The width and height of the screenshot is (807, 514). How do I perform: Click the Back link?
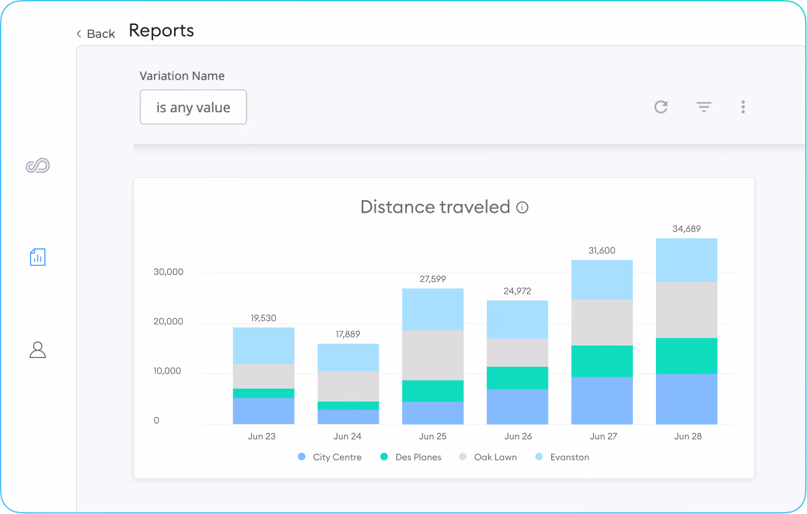pos(96,34)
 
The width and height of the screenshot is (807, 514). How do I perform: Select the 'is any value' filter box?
pos(193,107)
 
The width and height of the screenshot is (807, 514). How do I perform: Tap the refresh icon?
pos(661,107)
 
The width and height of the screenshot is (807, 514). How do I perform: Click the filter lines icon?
pos(703,107)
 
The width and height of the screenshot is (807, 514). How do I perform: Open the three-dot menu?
pos(743,107)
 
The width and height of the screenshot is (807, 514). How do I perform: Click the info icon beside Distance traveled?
pos(522,207)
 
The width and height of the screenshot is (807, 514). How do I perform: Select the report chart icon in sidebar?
pos(37,257)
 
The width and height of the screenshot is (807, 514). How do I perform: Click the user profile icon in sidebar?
pos(37,350)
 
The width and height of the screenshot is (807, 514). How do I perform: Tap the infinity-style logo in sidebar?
pos(37,165)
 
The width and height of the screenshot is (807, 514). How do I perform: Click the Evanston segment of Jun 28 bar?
pos(687,260)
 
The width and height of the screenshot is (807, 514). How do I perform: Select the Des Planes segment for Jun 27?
pos(602,361)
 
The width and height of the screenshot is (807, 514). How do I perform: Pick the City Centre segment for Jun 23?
pos(263,411)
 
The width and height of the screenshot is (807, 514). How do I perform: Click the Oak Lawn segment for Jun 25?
pos(433,356)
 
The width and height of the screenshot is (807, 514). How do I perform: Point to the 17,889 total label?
pos(348,334)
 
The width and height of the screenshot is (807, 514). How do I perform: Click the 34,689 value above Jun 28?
pos(687,229)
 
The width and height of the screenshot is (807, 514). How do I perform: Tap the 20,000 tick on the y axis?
pos(169,321)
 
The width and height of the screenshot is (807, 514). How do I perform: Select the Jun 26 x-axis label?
pos(517,436)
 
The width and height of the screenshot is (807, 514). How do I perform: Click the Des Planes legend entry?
pos(411,457)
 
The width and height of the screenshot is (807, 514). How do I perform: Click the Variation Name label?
pos(182,76)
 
